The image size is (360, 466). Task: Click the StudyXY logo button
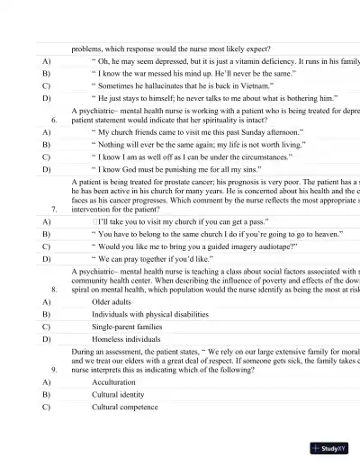click(331, 447)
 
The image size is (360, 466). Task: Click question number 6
click(55, 119)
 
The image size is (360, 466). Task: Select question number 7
click(55, 208)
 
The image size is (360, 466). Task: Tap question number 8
click(55, 291)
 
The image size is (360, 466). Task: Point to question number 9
click(55, 369)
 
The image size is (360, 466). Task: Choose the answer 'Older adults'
click(116, 302)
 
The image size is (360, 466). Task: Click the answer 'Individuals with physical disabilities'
click(152, 315)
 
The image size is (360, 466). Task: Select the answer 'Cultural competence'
click(130, 407)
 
